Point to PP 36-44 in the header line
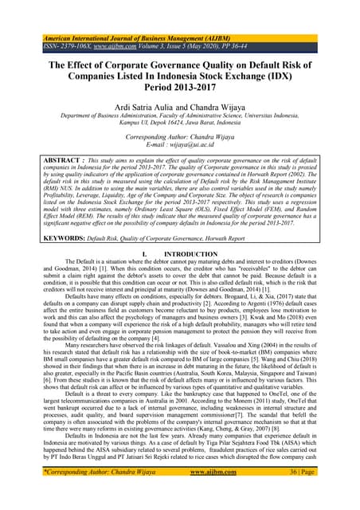click(x=256, y=46)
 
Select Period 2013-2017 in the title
click(x=179, y=94)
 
